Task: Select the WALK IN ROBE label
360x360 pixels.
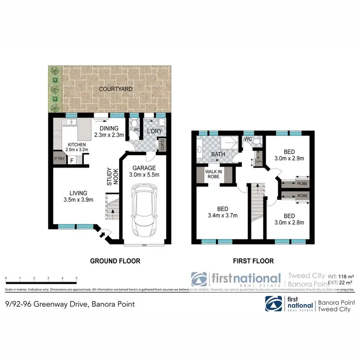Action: point(212,174)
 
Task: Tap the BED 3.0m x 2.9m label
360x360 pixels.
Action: point(289,154)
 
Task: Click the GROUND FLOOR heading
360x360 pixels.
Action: point(115,261)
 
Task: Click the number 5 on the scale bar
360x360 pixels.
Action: point(76,278)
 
